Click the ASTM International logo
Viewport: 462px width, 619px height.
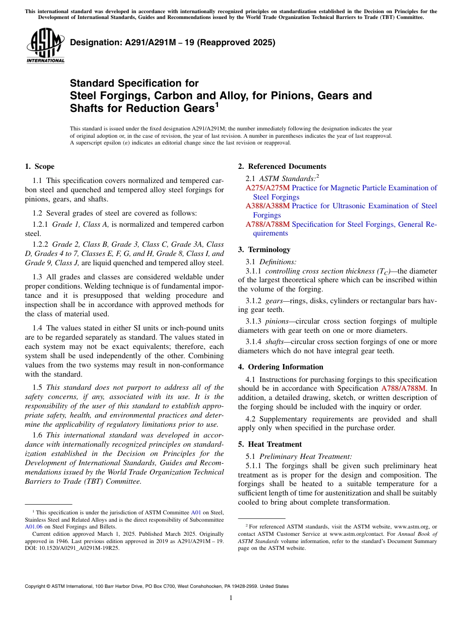45,46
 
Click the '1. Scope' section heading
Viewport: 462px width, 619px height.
39,166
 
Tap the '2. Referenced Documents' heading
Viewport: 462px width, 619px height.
282,166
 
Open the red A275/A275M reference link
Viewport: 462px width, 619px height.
267,188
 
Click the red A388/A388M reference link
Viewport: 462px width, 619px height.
267,206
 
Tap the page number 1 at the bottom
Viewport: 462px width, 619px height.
231,598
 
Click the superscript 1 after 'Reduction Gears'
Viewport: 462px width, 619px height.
217,105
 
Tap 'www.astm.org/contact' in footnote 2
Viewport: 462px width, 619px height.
358,534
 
